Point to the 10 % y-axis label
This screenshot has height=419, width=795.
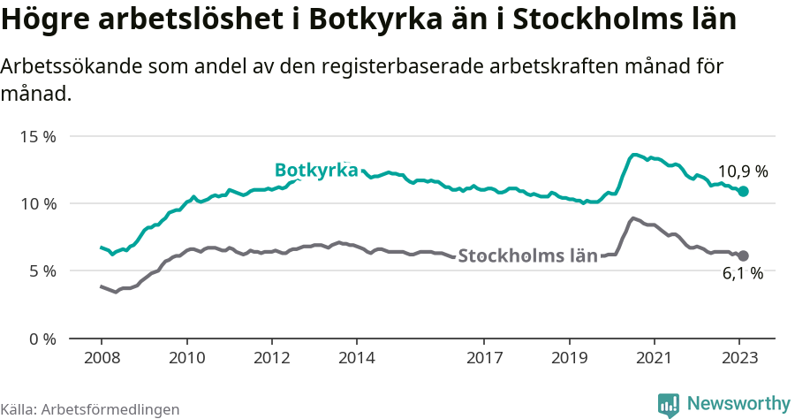[39, 203]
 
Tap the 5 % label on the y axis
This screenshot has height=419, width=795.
[42, 270]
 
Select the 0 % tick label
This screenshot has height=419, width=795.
[42, 339]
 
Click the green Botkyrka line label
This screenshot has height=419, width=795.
[315, 170]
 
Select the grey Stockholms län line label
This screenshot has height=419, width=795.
[528, 256]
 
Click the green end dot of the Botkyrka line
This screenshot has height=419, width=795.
[744, 191]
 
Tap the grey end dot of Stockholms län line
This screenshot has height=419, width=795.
[744, 255]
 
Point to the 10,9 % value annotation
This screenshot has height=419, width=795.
[742, 171]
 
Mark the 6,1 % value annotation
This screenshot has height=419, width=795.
[742, 274]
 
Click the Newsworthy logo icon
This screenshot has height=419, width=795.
[669, 405]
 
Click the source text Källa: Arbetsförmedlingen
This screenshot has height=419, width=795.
[90, 409]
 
